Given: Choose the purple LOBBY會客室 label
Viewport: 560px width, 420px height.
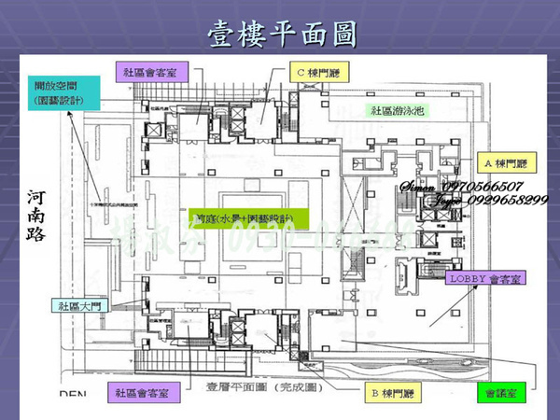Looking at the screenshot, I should [484, 278].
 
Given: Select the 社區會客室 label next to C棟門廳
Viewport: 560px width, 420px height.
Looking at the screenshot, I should [153, 72].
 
